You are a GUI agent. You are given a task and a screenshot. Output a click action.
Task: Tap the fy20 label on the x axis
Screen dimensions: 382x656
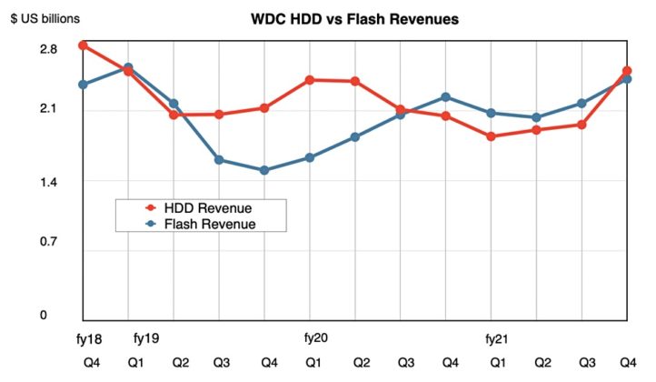coord(314,339)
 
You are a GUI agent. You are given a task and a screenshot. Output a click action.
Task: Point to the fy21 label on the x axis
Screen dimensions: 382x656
coord(496,339)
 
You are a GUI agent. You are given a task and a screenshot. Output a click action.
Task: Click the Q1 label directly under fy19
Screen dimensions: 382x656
coord(134,362)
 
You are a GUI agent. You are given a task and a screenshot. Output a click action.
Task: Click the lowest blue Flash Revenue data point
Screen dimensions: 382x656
coord(264,170)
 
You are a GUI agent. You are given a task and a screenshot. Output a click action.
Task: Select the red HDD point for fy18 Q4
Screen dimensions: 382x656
coord(83,45)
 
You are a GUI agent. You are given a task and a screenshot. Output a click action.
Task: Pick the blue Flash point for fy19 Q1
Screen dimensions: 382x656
coord(128,67)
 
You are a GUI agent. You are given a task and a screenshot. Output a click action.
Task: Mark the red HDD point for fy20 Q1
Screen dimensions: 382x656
coord(310,80)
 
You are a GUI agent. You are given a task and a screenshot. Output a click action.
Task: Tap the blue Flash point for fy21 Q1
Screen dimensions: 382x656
coord(492,113)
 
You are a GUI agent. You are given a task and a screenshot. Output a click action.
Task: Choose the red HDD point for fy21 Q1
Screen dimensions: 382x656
coord(492,136)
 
